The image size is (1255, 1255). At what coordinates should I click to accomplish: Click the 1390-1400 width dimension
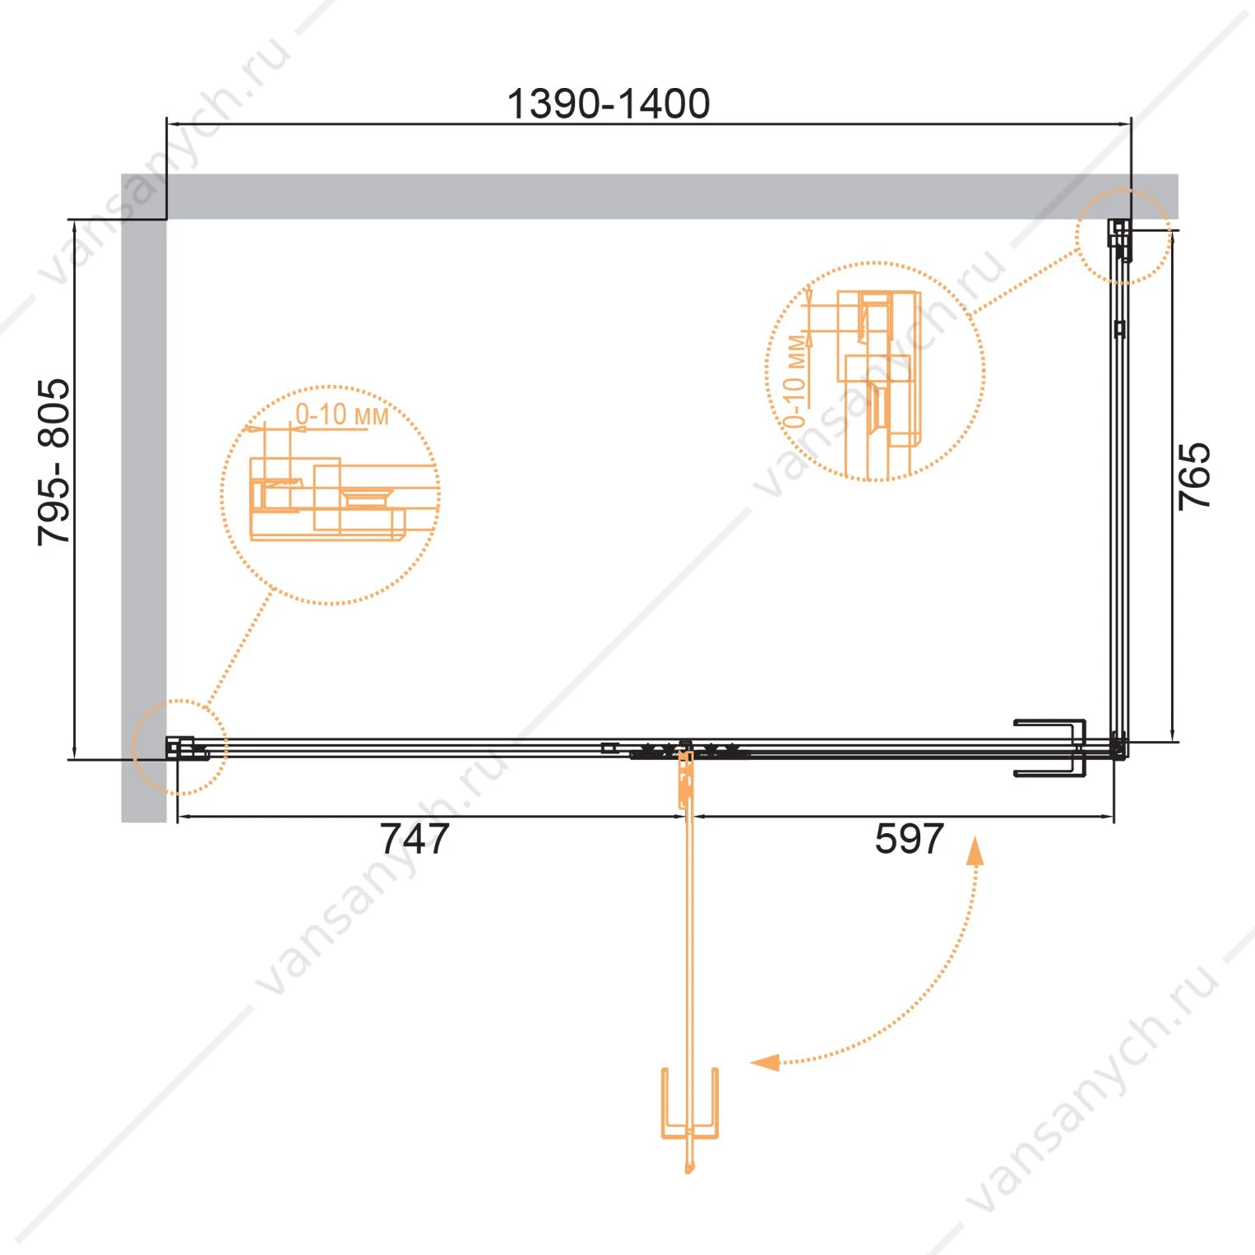click(608, 104)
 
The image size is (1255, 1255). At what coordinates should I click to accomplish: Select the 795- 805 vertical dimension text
click(54, 461)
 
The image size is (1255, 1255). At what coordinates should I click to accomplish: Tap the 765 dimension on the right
click(1194, 476)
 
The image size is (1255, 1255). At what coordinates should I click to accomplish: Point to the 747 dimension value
click(415, 839)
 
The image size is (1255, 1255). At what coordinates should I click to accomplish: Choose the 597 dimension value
click(909, 839)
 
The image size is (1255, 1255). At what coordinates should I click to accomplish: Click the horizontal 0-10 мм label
click(341, 414)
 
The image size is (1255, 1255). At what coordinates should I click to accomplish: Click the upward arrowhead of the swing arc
click(975, 850)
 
